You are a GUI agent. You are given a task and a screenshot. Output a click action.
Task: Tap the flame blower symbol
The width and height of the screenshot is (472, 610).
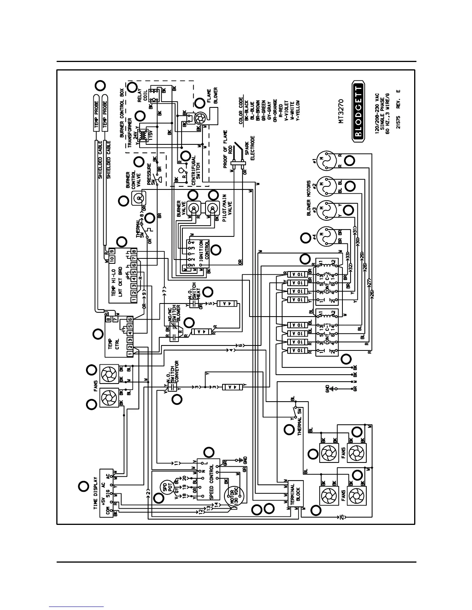click(x=201, y=119)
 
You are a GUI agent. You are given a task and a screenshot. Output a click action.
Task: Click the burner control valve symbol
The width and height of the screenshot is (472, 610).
click(x=138, y=199)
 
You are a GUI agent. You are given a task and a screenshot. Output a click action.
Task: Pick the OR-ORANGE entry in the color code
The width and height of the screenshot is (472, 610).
click(x=275, y=111)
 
